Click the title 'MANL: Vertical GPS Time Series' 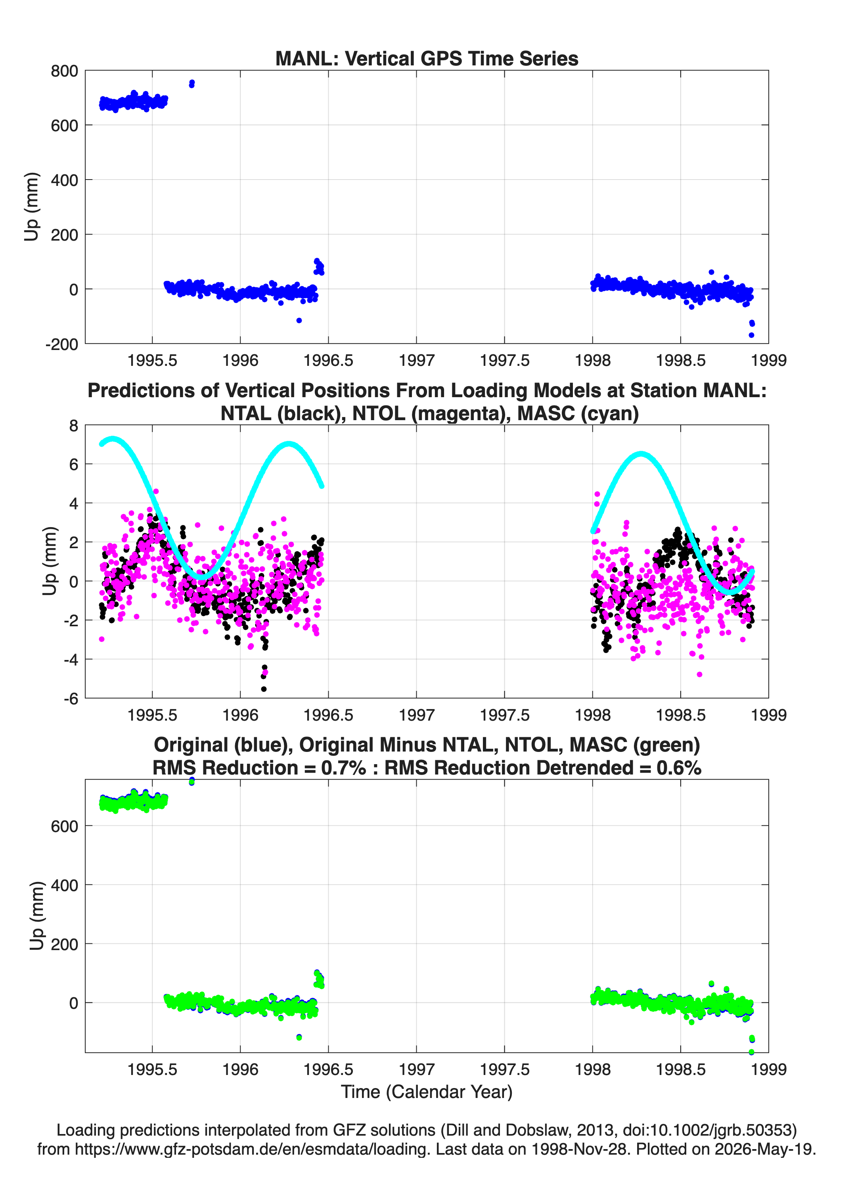coord(427,58)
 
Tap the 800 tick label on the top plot coord(64,71)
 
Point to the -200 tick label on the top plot coord(61,344)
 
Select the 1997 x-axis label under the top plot coord(416,360)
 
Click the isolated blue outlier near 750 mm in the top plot coord(191,83)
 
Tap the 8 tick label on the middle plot coord(73,426)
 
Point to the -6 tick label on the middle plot coord(71,699)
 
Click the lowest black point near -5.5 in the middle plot coord(264,689)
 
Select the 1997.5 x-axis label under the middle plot coord(504,715)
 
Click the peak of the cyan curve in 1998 coord(641,454)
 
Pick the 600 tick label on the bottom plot coord(64,826)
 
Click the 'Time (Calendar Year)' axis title coord(427,1092)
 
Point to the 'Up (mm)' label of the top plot coord(32,207)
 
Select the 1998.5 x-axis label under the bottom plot coord(680,1069)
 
